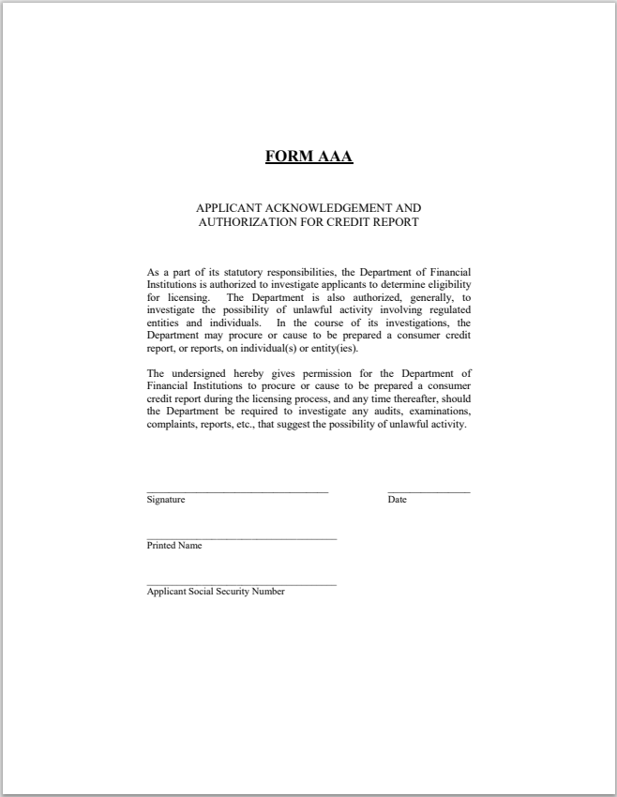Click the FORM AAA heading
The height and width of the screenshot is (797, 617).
click(308, 157)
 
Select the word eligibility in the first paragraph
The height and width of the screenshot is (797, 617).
click(448, 284)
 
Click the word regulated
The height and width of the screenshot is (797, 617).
click(447, 309)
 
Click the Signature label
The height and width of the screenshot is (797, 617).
click(166, 500)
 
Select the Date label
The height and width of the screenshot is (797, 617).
click(397, 500)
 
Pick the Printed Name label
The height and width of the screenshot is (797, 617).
click(174, 546)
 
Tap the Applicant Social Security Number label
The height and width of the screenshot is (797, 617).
click(216, 592)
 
